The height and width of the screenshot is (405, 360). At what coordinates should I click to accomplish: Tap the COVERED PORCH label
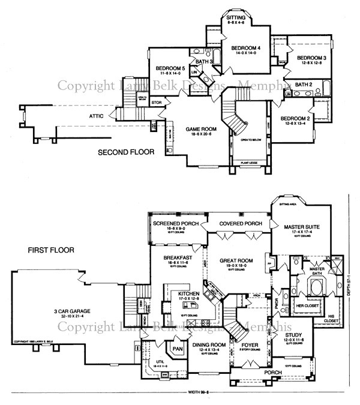[236, 223]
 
